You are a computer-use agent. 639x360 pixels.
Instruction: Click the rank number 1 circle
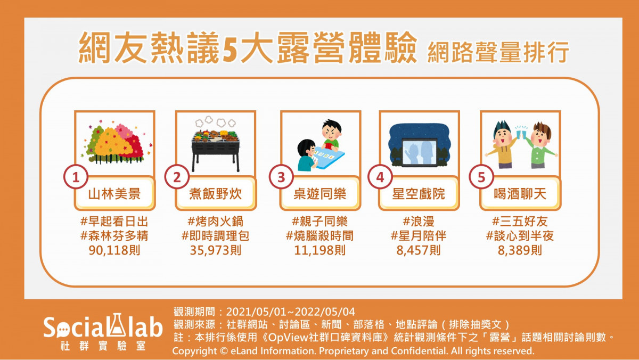[76, 177]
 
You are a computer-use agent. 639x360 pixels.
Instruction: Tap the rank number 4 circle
[380, 177]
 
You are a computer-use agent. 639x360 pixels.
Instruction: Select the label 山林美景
[114, 194]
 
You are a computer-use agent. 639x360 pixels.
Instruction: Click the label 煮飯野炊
[215, 194]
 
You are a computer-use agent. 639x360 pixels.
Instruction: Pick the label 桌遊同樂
[320, 194]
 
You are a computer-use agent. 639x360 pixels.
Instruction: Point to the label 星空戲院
[419, 194]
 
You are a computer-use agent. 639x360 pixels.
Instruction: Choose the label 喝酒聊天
[520, 194]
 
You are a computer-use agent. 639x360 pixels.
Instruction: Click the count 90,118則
[114, 250]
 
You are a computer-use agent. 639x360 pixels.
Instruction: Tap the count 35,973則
[215, 250]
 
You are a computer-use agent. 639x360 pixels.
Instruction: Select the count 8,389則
[520, 250]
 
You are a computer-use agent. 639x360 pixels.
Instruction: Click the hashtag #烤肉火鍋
[215, 222]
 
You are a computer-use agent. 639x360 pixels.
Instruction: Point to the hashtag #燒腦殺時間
[320, 236]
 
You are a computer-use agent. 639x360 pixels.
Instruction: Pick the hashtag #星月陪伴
[419, 236]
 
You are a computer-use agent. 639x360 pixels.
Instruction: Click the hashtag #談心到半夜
[520, 236]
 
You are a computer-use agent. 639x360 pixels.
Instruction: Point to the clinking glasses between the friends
[522, 133]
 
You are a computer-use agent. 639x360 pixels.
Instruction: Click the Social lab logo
[103, 332]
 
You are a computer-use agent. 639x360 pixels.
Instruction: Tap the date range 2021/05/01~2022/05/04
[291, 312]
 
